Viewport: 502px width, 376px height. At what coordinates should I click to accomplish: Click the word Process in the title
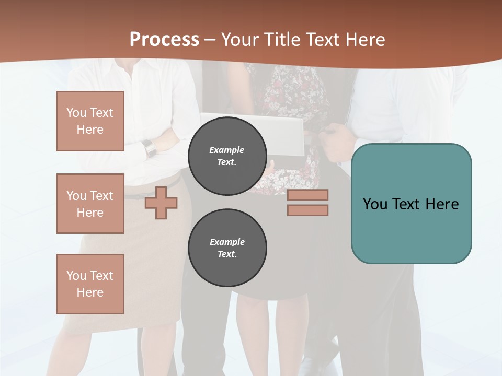(164, 39)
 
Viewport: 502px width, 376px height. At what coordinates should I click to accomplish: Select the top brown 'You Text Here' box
(90, 121)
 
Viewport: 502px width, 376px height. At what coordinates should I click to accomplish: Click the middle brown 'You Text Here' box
(90, 204)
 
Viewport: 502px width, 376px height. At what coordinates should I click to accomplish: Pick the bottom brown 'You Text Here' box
(90, 284)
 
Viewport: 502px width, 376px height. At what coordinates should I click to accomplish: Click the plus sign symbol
(161, 203)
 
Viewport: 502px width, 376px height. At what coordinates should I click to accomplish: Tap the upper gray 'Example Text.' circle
(227, 156)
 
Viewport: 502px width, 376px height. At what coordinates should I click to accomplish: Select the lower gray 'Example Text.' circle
(227, 248)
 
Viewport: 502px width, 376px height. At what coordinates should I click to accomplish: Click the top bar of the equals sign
(307, 195)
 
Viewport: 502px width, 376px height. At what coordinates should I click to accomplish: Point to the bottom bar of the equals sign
(307, 210)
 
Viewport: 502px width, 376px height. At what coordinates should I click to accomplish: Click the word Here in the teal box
(442, 204)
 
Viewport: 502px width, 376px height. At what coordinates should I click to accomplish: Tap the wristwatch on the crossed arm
(150, 148)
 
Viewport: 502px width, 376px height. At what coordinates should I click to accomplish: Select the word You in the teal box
(374, 204)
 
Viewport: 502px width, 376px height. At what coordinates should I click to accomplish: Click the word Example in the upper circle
(226, 150)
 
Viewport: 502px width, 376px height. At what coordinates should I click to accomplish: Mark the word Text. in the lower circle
(227, 254)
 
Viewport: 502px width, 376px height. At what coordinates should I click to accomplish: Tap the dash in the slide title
(210, 40)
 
